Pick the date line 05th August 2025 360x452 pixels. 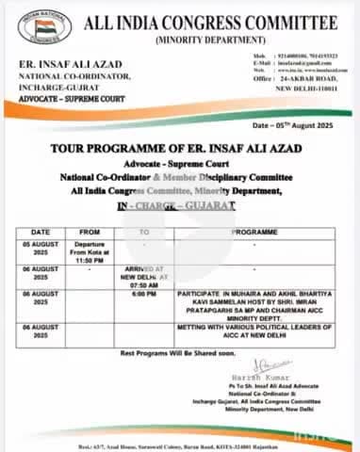click(298, 124)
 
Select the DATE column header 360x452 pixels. click(41, 230)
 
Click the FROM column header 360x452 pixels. click(90, 230)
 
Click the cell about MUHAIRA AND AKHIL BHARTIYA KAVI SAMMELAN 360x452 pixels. click(254, 307)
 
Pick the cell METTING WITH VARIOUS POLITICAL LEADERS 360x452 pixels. click(254, 332)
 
